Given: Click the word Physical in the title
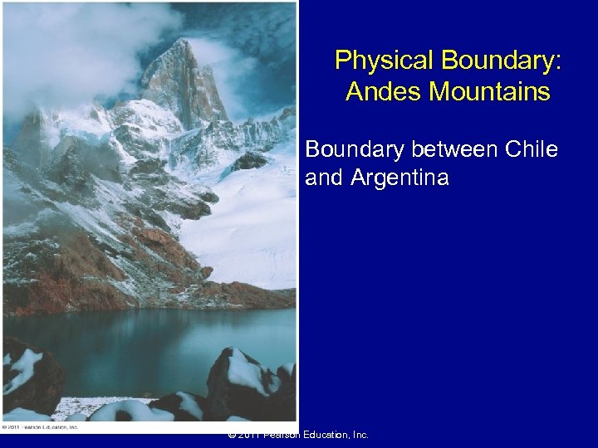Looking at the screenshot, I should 385,61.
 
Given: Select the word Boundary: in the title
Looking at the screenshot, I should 502,61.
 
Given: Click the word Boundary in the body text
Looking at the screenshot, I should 358,149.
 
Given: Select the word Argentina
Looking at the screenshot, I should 400,177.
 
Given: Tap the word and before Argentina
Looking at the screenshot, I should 325,177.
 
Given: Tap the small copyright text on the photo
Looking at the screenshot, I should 40,427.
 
